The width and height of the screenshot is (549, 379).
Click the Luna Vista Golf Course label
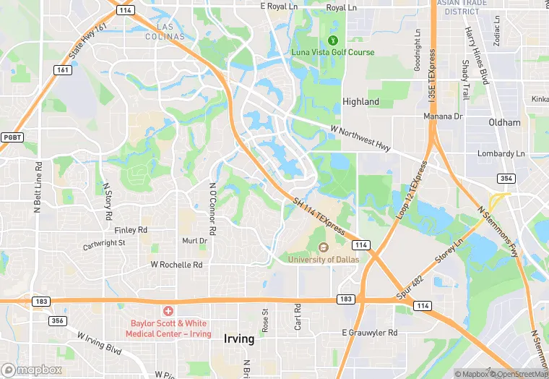click(332, 52)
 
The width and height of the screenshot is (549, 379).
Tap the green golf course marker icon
click(333, 39)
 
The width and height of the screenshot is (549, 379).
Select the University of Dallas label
click(322, 259)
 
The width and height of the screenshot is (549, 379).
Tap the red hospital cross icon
click(168, 310)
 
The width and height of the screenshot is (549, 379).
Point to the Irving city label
click(239, 338)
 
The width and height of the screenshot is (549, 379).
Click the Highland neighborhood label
click(360, 102)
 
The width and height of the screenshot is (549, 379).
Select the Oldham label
click(504, 122)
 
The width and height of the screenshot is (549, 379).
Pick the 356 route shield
click(57, 320)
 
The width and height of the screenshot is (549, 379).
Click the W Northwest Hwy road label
click(360, 137)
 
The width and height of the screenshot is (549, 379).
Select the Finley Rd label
click(131, 229)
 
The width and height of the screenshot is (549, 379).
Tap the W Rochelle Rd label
click(176, 265)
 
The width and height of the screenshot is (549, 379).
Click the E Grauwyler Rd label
click(369, 333)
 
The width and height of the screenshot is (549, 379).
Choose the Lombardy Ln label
click(501, 153)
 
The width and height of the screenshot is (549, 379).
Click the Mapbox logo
click(32, 370)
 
